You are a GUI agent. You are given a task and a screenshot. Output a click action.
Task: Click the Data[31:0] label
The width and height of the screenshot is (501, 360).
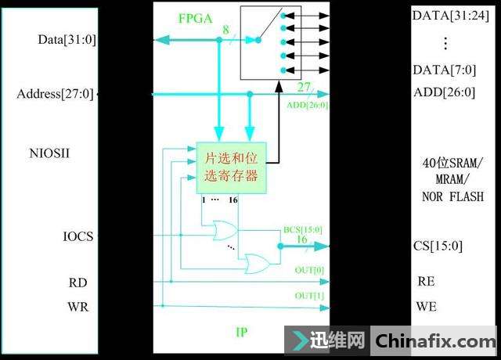pos(67,40)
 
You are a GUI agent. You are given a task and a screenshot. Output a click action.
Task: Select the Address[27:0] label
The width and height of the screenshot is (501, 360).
pos(56,94)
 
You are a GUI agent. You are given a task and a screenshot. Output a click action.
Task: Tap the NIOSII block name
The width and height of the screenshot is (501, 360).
pos(49,153)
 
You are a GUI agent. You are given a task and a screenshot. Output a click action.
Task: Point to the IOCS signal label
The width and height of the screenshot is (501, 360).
pos(78,236)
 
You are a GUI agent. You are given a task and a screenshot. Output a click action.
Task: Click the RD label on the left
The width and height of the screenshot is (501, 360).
pos(77,283)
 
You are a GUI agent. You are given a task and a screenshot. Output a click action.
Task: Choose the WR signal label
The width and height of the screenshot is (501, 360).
pos(77,307)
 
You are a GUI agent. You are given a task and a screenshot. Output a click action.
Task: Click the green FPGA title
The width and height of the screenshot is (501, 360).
pos(195,19)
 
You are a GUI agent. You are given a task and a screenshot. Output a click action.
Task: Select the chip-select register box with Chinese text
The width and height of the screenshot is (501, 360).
pos(232,167)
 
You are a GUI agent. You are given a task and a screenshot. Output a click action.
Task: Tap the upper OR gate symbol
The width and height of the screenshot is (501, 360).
pos(225,230)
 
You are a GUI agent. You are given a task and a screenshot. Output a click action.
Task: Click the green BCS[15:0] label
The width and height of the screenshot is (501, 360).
pos(303,229)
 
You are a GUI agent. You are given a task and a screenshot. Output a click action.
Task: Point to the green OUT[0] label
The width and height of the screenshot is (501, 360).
pos(309,270)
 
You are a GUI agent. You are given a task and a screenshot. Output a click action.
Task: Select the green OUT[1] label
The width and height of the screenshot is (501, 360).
pos(309,296)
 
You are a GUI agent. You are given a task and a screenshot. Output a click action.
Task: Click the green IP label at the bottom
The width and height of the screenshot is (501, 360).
pos(242,332)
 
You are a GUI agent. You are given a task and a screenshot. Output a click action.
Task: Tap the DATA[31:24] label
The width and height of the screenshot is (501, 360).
pos(451,16)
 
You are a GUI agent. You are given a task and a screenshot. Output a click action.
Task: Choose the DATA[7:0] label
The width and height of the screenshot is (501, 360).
pos(444,70)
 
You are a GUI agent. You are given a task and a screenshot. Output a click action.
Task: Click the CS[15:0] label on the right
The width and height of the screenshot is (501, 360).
pos(438,246)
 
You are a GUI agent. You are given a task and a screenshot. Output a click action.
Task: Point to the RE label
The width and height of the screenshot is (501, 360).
pos(426,282)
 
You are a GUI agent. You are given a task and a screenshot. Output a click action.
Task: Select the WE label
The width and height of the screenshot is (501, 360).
pos(426,307)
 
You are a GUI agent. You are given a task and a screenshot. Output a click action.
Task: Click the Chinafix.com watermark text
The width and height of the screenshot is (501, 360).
pos(435,341)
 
